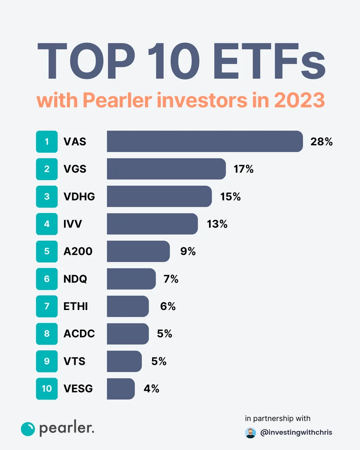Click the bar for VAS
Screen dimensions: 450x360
pos(204,141)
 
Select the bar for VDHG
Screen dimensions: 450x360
pos(159,197)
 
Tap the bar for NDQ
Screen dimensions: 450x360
pos(131,279)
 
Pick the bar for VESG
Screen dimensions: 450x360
pos(120,389)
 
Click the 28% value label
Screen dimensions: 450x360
pos(321,142)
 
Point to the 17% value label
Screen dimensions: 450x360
pos(243,169)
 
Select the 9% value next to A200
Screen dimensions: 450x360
pos(187,251)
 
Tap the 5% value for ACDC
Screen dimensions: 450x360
pos(164,334)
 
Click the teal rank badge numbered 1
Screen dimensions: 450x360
pos(47,142)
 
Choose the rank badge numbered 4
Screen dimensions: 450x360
pos(47,224)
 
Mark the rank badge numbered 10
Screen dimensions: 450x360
pos(47,389)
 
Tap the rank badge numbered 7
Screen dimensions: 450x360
pos(47,307)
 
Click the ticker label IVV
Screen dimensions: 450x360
pos(73,224)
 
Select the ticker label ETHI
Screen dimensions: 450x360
pos(76,307)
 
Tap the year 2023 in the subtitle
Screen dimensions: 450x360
pos(299,100)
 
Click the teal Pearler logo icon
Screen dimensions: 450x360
pos(28,429)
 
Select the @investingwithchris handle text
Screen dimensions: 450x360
pos(296,433)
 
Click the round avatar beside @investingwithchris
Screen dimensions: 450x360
pos(250,433)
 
